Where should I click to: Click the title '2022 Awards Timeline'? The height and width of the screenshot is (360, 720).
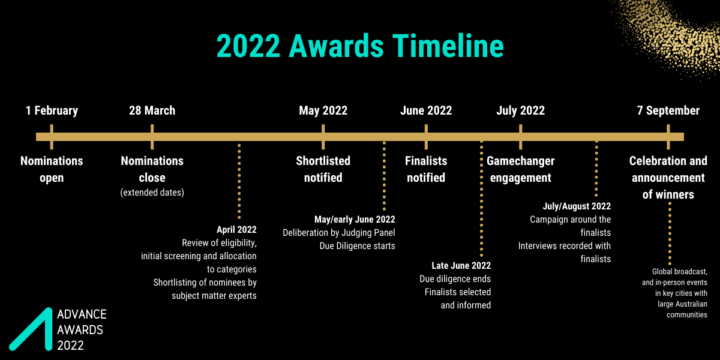click(x=360, y=46)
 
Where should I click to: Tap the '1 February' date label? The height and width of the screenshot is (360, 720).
click(x=52, y=110)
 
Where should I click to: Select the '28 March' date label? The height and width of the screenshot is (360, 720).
click(x=152, y=110)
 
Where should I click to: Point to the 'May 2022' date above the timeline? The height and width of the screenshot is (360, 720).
click(x=323, y=110)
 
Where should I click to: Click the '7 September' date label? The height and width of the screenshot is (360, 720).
click(x=668, y=110)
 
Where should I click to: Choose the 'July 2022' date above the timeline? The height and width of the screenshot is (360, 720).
click(x=520, y=110)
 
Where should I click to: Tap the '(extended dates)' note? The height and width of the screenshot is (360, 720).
click(x=152, y=192)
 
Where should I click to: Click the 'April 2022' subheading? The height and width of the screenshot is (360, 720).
click(x=236, y=229)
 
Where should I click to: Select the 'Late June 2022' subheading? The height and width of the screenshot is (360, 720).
click(x=461, y=265)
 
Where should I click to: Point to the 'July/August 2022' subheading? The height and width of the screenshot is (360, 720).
click(x=577, y=206)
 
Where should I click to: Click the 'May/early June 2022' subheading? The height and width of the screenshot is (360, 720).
click(x=355, y=220)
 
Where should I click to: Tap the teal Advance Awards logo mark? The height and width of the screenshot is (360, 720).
click(x=31, y=329)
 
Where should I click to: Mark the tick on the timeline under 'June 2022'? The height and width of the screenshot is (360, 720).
click(x=426, y=137)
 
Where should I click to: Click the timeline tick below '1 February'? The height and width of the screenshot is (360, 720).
click(x=52, y=137)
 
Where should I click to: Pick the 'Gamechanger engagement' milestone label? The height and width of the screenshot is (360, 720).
click(x=520, y=169)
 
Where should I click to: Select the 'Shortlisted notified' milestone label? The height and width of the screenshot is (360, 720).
click(x=323, y=169)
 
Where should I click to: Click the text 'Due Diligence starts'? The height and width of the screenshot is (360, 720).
click(x=357, y=246)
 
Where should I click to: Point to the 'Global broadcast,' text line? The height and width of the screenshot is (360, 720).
click(x=679, y=272)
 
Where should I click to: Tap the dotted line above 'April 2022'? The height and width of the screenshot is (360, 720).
click(x=239, y=182)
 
